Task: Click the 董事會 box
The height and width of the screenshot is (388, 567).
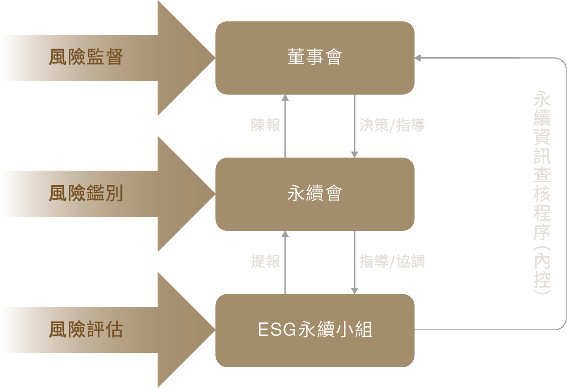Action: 315,58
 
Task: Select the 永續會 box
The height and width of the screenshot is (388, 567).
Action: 315,194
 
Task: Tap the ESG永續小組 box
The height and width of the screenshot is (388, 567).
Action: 315,330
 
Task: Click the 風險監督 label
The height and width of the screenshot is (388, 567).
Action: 86,57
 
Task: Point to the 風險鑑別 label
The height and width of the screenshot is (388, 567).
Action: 86,194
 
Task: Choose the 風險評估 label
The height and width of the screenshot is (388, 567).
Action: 86,330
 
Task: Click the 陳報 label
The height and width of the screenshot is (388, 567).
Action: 265,125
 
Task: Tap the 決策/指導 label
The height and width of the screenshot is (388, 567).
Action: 392,125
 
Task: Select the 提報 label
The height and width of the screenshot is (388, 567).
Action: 265,262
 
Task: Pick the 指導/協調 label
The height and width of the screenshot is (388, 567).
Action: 392,262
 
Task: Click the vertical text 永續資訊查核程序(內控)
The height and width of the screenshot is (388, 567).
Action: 542,193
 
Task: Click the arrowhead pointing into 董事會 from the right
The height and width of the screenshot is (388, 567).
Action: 417,58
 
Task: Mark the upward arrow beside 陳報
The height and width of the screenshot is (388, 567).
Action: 285,126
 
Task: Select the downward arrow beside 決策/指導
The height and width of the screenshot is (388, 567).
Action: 355,126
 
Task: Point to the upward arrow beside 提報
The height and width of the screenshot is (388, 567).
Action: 285,262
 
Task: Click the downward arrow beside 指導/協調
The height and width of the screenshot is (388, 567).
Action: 355,262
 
